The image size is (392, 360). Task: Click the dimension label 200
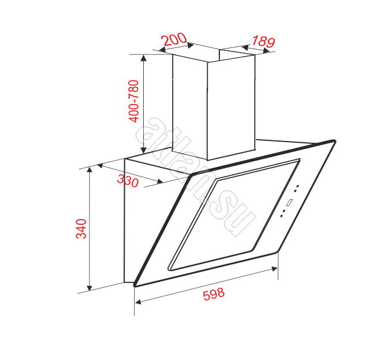click(x=174, y=39)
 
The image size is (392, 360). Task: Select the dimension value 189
click(x=263, y=42)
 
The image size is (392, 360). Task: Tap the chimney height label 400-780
click(x=133, y=101)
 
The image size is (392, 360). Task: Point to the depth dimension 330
click(x=128, y=181)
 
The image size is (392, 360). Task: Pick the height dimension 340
click(x=81, y=229)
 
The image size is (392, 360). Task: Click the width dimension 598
click(x=214, y=294)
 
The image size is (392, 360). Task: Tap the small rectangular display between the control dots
click(x=289, y=202)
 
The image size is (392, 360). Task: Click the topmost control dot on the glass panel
click(x=298, y=186)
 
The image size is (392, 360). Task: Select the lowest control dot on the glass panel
click(x=281, y=216)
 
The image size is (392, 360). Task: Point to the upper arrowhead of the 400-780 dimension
click(x=144, y=58)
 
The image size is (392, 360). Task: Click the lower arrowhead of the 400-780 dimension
click(x=144, y=150)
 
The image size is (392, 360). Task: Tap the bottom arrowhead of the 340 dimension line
click(x=89, y=288)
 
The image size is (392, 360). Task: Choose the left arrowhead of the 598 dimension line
click(x=138, y=302)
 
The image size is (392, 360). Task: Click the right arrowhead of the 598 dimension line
click(x=274, y=269)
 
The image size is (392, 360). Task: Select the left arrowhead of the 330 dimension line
click(x=100, y=165)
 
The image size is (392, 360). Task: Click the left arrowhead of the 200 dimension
click(x=162, y=50)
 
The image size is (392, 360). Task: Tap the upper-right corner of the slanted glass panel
click(x=334, y=142)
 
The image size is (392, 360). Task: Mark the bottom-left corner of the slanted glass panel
click(x=135, y=285)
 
